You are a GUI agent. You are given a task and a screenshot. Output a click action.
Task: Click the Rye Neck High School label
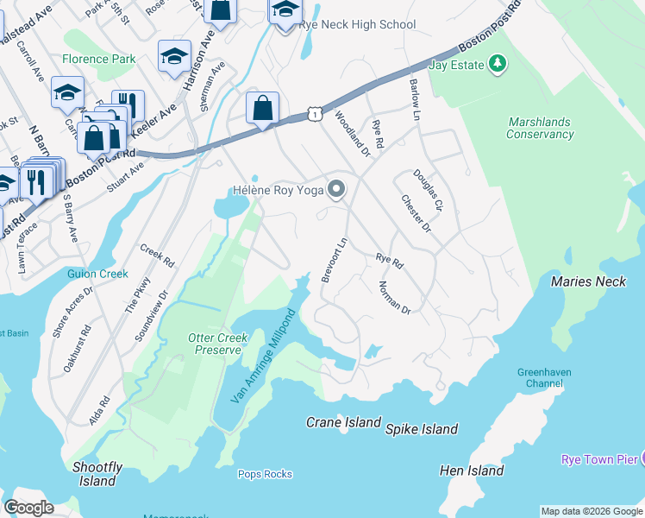[357, 25]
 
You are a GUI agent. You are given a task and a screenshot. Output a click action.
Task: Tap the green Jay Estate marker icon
[497, 63]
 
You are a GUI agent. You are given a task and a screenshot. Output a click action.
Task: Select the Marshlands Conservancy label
[541, 129]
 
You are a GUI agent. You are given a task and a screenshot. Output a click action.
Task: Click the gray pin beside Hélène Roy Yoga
[338, 189]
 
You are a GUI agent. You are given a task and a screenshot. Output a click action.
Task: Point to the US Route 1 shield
[316, 114]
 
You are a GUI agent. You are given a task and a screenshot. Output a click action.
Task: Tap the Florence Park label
[99, 60]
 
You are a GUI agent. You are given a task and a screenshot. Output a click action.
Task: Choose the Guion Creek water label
[97, 274]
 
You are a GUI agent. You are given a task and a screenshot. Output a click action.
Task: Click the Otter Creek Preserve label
[215, 344]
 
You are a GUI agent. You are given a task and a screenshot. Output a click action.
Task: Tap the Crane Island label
[344, 422]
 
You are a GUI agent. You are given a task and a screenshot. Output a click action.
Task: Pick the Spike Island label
[422, 429]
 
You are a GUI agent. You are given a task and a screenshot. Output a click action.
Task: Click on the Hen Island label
[472, 471]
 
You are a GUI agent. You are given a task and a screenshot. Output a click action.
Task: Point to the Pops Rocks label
[265, 474]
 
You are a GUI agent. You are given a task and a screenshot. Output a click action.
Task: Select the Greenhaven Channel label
[544, 378]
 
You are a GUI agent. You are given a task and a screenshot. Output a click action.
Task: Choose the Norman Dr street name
[394, 297]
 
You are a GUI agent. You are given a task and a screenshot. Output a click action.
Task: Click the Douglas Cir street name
[427, 192]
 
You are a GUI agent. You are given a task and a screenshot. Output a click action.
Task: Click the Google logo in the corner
[29, 508]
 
